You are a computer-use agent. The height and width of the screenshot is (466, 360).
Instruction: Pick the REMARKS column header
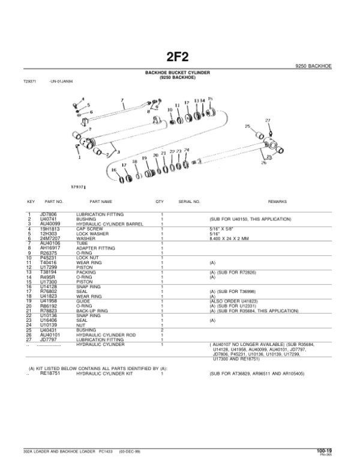(x=278, y=202)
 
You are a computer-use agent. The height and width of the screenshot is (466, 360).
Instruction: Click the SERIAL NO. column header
(x=189, y=202)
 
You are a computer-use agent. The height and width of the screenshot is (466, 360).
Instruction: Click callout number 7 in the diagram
(x=122, y=100)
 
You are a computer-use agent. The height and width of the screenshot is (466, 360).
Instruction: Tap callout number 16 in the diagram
(x=115, y=170)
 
